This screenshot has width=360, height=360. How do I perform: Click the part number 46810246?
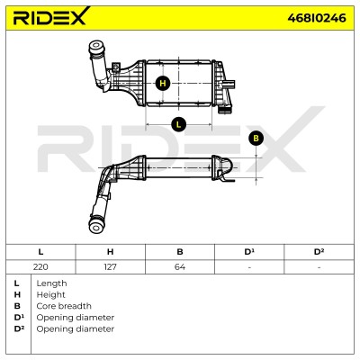pyautogui.click(x=317, y=18)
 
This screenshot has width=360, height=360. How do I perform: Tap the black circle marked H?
pyautogui.click(x=163, y=83)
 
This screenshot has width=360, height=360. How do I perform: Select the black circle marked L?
pyautogui.click(x=179, y=124)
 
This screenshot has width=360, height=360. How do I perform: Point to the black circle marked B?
pyautogui.click(x=256, y=139)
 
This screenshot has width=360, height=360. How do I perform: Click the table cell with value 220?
pyautogui.click(x=40, y=266)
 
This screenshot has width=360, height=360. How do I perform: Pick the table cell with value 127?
pyautogui.click(x=110, y=266)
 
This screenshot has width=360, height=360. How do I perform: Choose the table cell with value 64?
pyautogui.click(x=180, y=266)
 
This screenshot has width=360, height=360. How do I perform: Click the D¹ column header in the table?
pyautogui.click(x=249, y=252)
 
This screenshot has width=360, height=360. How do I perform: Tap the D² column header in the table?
pyautogui.click(x=319, y=252)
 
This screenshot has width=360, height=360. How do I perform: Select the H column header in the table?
pyautogui.click(x=110, y=252)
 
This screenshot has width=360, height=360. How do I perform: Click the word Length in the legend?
pyautogui.click(x=51, y=283)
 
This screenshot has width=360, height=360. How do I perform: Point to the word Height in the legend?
pyautogui.click(x=50, y=294)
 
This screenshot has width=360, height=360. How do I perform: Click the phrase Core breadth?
pyautogui.click(x=64, y=306)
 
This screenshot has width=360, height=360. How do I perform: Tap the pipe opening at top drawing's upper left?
pyautogui.click(x=96, y=47)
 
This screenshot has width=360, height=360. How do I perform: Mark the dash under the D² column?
pyautogui.click(x=319, y=267)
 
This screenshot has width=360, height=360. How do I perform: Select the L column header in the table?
pyautogui.click(x=40, y=252)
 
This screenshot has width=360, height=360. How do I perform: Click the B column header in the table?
pyautogui.click(x=180, y=252)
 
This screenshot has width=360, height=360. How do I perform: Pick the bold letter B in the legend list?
pyautogui.click(x=17, y=306)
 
